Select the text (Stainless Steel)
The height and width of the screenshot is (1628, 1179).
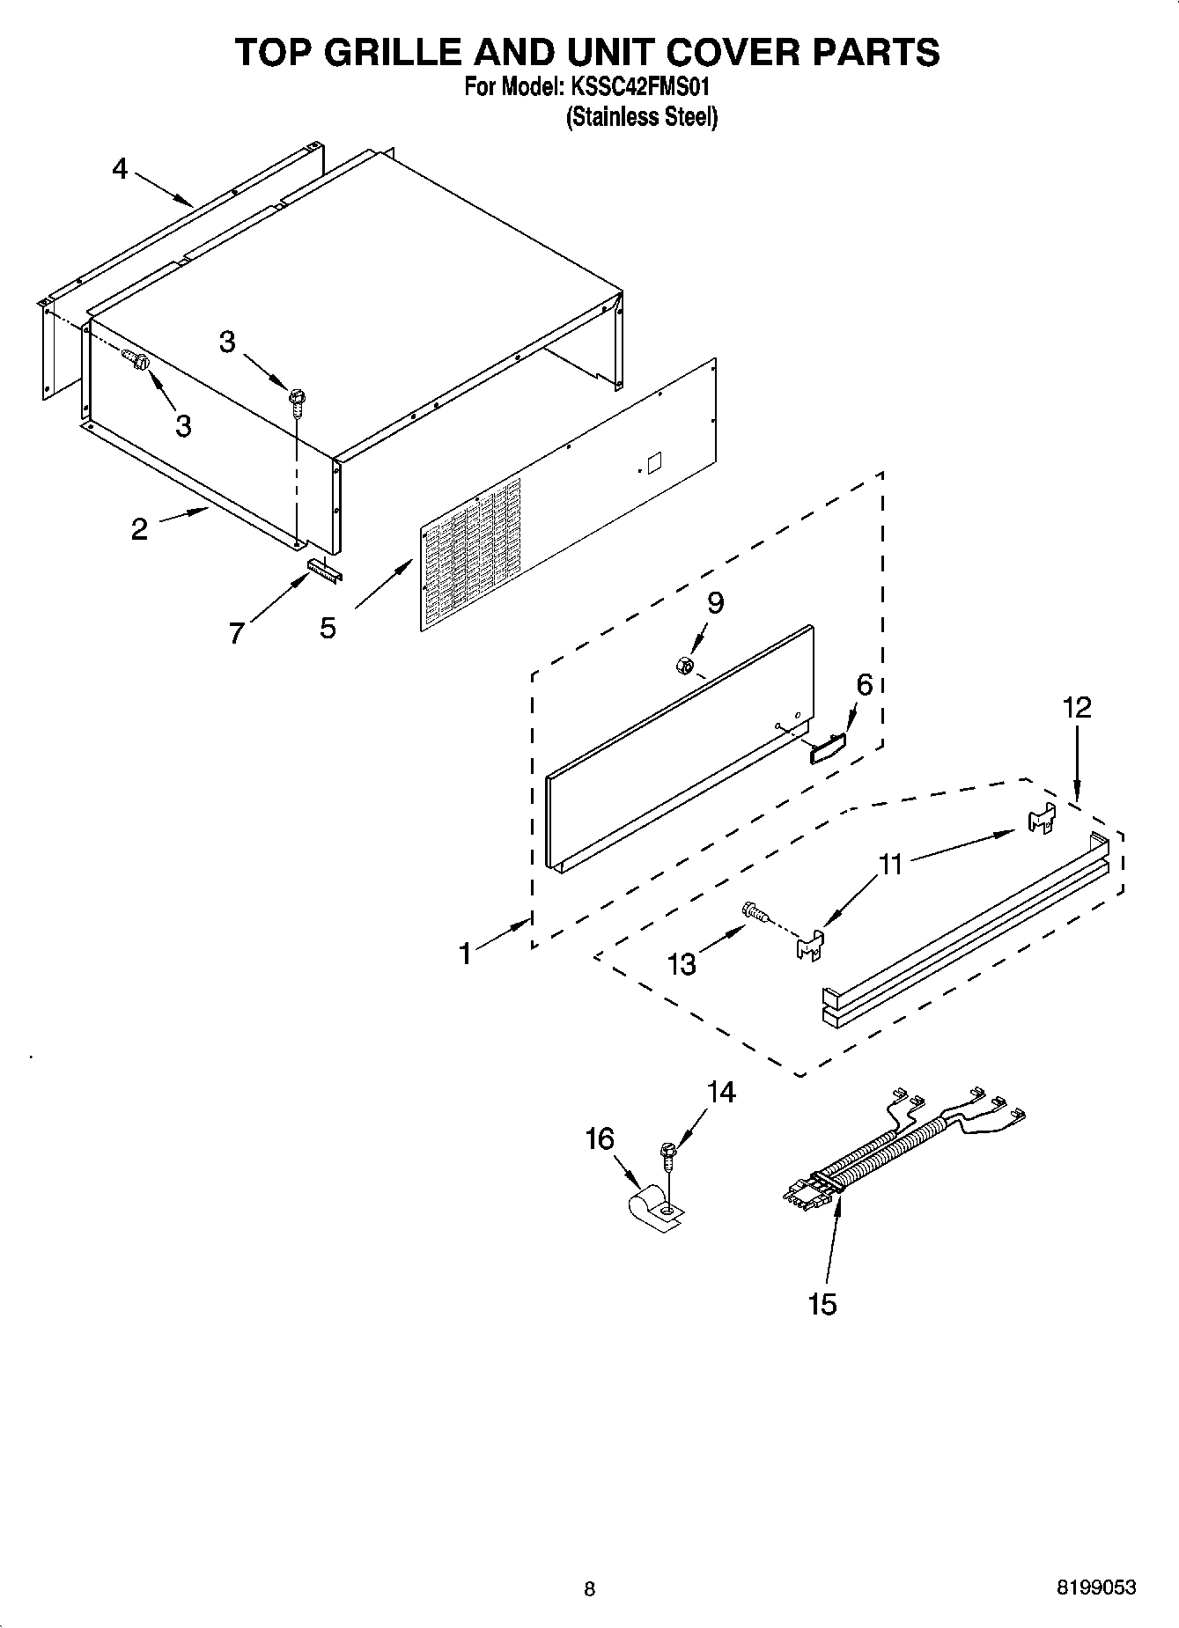coord(641,117)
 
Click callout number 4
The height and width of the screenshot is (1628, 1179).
coord(120,168)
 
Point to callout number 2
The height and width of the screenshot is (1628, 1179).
coord(139,529)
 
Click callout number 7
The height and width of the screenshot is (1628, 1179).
coord(236,632)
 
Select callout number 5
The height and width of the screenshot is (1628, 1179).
coord(328,628)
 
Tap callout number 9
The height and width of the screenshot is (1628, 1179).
coord(715,602)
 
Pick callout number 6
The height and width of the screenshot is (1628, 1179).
coord(864,684)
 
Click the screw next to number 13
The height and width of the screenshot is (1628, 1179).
coord(753,911)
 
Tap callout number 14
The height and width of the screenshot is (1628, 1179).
coord(720,1092)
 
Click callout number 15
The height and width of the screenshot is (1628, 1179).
coord(822,1304)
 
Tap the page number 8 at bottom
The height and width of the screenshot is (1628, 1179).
coord(589,1589)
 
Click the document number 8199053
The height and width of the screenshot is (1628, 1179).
coord(1095,1588)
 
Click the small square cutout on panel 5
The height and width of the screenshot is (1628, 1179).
coord(654,463)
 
